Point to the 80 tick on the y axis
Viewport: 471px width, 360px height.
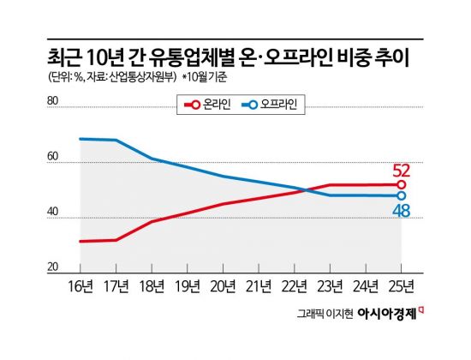tap(52, 102)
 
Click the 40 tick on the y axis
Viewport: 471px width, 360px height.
tap(52, 214)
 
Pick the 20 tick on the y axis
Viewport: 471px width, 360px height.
tap(52, 268)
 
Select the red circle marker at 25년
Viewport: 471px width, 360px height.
tap(401, 184)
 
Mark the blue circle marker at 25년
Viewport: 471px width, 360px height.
tap(401, 195)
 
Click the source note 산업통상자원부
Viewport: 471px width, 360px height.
tap(134, 78)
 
